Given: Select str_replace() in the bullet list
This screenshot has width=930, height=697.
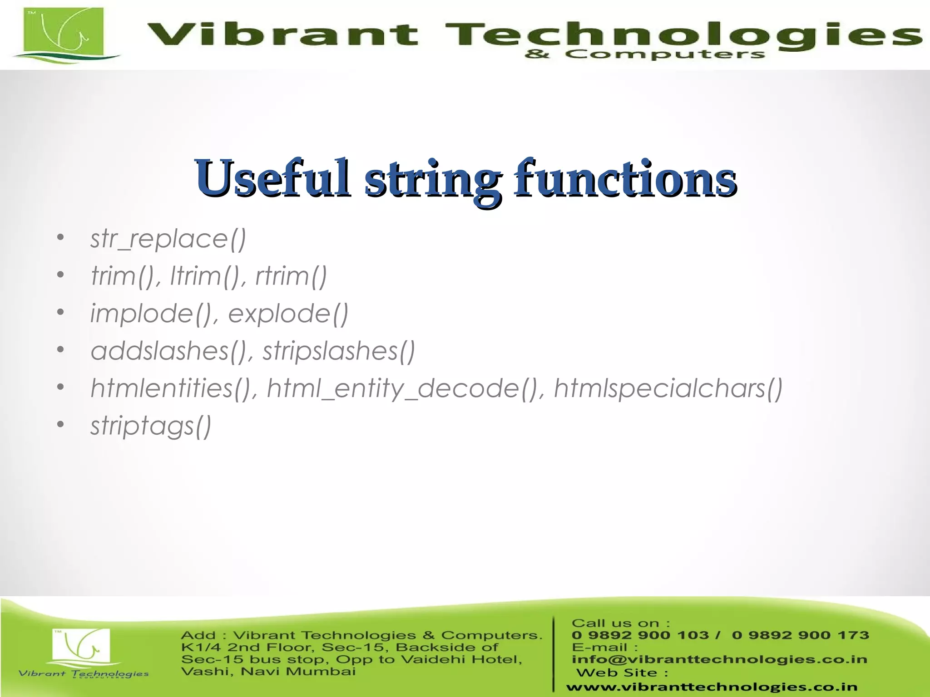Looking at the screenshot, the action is (168, 239).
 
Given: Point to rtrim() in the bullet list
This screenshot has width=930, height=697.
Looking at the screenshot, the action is (291, 276).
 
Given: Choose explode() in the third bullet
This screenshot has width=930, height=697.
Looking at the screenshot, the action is (288, 314).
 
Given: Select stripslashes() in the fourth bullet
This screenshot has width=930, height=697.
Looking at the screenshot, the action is (339, 351).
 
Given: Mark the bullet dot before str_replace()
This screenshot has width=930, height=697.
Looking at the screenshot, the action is (60, 238).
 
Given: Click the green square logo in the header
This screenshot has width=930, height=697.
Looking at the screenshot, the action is (64, 34).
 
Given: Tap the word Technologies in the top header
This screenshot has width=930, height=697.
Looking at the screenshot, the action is (681, 34).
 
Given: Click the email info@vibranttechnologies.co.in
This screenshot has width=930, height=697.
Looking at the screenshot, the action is (719, 659).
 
